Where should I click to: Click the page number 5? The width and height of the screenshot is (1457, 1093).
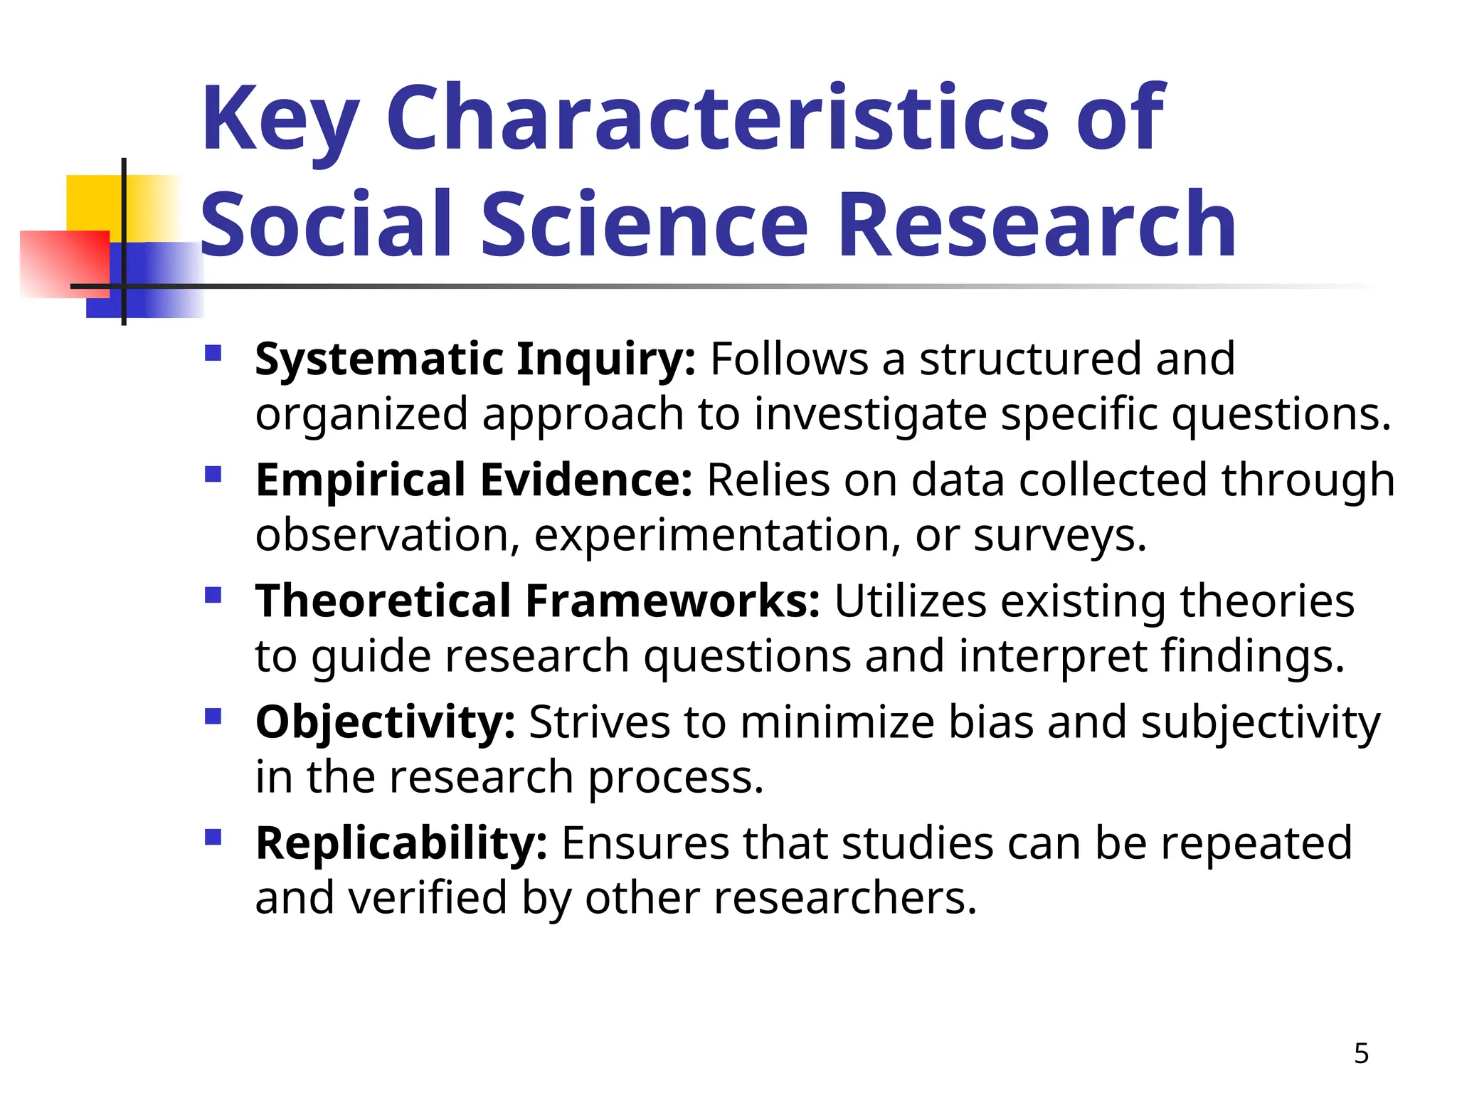tap(1361, 1053)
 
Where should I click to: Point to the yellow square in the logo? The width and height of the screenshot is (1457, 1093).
tap(92, 203)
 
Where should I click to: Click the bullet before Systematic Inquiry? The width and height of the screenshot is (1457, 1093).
tap(213, 354)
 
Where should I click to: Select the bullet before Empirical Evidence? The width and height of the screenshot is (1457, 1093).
tap(213, 475)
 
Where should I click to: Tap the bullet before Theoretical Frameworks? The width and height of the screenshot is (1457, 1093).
tap(213, 596)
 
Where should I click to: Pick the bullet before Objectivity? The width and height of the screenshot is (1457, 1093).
tap(213, 717)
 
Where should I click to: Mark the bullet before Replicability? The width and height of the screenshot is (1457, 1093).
tap(213, 838)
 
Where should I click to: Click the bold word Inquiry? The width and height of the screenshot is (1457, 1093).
tap(605, 359)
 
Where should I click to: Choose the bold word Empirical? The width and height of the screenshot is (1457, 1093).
tap(360, 480)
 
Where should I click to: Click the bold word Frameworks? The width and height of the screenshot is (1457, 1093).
tap(672, 601)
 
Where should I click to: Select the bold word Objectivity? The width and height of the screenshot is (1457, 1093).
tap(385, 723)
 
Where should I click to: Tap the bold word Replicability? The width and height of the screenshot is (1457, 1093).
tap(401, 844)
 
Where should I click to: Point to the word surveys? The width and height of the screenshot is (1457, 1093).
tap(1059, 536)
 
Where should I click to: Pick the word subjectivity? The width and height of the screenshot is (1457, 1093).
tap(1261, 723)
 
